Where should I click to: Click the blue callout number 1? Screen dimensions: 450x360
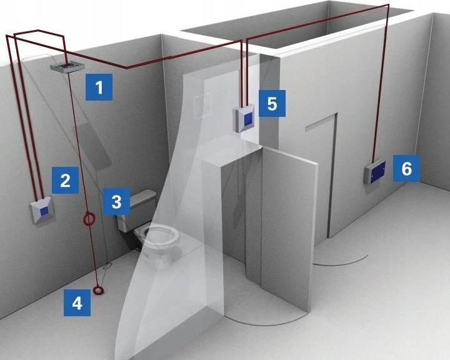tap(99, 87)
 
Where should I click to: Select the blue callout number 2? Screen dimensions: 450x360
tap(65, 180)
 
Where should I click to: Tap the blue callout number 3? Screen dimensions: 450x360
tap(116, 201)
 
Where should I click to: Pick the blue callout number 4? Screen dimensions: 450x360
tap(77, 302)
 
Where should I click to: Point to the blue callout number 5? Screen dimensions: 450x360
tap(272, 103)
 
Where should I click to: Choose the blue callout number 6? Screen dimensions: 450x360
tap(406, 169)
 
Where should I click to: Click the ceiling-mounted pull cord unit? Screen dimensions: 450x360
tap(67, 67)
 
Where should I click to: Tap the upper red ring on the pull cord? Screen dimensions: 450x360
tap(89, 219)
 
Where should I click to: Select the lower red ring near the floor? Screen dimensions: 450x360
tap(99, 290)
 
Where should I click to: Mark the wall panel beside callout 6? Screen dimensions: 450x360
tap(375, 171)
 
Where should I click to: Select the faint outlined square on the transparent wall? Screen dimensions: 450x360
tap(202, 105)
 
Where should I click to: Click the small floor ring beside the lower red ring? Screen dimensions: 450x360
tap(107, 266)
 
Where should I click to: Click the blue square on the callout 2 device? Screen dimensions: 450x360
tap(44, 211)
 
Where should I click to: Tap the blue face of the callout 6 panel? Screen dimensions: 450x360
tap(377, 172)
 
